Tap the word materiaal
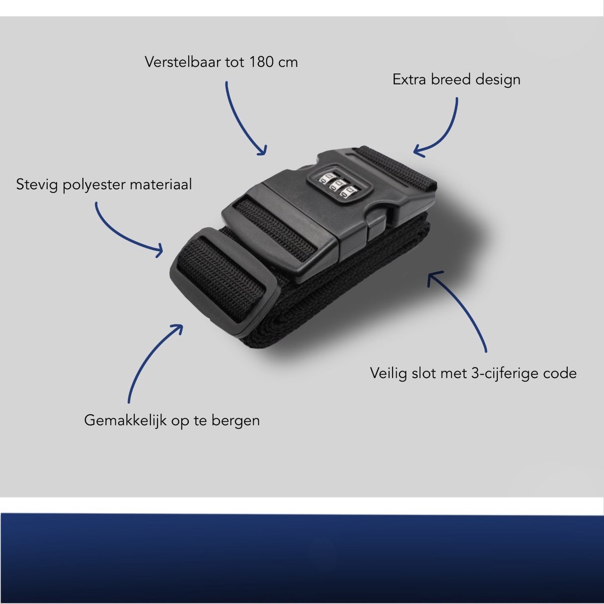161,184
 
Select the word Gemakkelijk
125,421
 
